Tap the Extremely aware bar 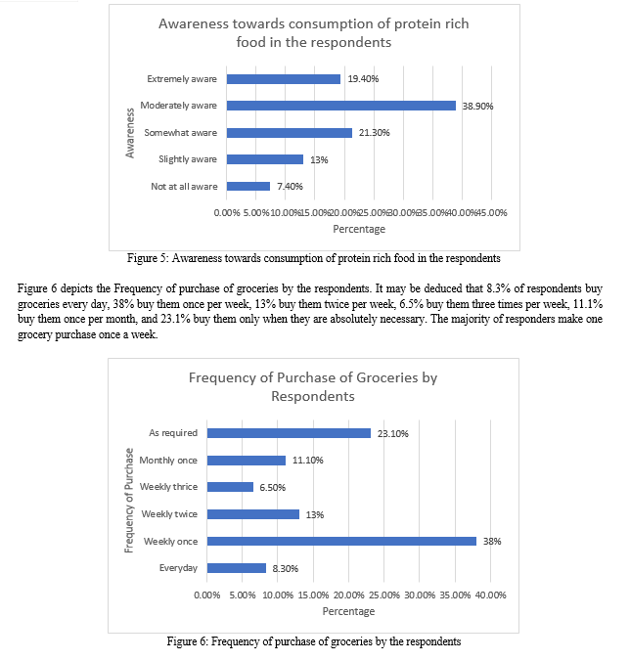(x=284, y=79)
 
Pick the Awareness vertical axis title (x=130, y=133)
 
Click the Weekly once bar (x=341, y=541)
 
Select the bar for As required (x=289, y=433)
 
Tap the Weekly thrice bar (x=230, y=487)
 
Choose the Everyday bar (x=237, y=568)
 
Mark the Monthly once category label (x=168, y=461)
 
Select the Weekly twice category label (x=169, y=514)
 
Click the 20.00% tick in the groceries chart (x=348, y=595)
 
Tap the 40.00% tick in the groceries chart (x=490, y=595)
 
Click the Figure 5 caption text (x=314, y=258)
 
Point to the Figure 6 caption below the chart (x=314, y=641)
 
